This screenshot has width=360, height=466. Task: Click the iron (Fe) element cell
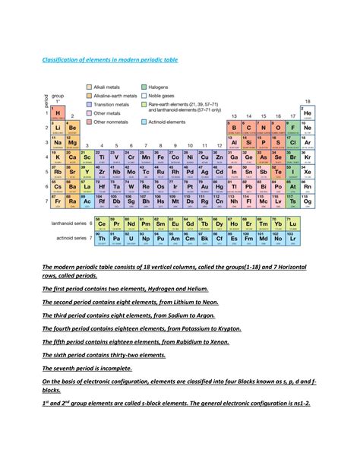[160, 157]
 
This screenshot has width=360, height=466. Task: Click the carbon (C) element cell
[248, 128]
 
